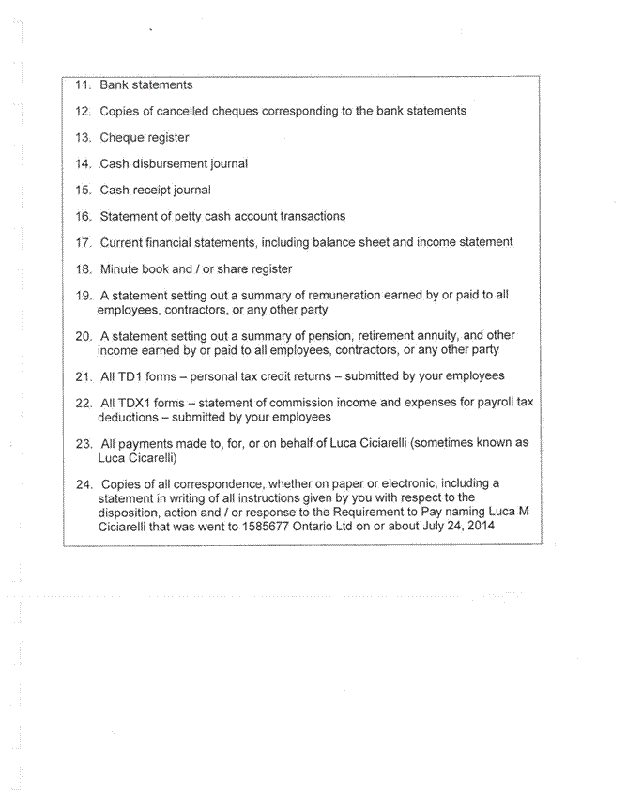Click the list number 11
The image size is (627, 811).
point(82,84)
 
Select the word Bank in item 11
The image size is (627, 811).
point(115,84)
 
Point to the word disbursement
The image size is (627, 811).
point(176,163)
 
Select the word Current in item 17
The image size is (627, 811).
point(123,242)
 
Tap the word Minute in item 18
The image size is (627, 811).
point(120,268)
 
